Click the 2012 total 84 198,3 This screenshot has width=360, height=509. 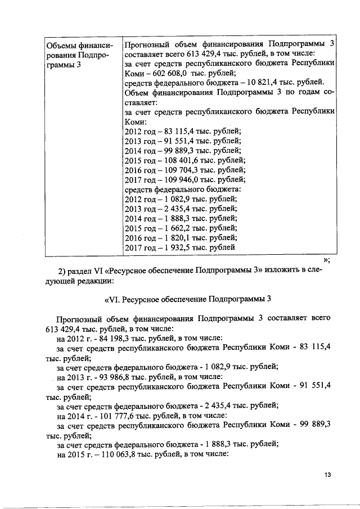point(115,339)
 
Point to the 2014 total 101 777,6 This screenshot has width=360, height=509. point(117,416)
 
